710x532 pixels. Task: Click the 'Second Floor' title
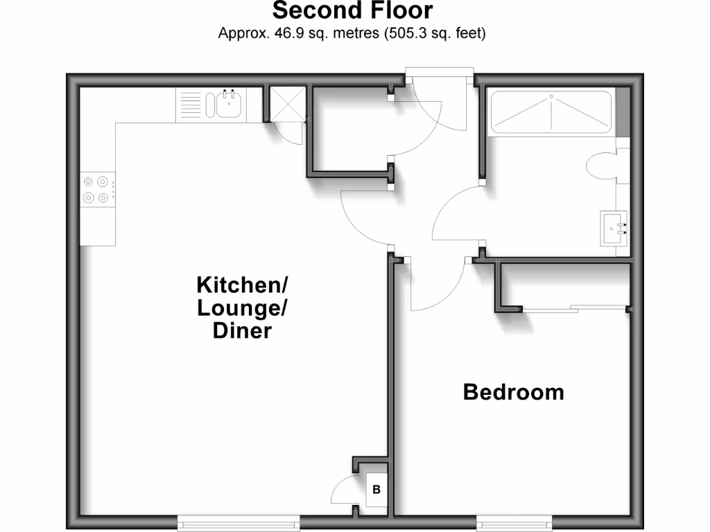tap(352, 11)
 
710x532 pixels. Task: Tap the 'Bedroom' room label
tap(513, 392)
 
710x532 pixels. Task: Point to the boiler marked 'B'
tap(376, 490)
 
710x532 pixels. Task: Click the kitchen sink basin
tap(228, 105)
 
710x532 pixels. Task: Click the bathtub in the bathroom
tap(551, 111)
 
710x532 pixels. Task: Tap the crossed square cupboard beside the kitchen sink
tap(286, 104)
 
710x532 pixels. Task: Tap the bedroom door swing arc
tap(437, 287)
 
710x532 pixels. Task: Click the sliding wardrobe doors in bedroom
tap(575, 308)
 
